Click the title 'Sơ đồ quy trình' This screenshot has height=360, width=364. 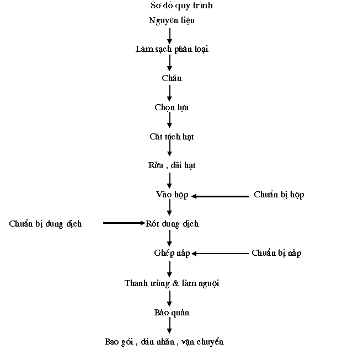click(181, 6)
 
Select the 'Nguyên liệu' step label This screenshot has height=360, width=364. click(172, 20)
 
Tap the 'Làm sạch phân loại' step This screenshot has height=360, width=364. click(172, 49)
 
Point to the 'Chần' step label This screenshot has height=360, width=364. click(172, 78)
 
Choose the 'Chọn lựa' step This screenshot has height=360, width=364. click(172, 108)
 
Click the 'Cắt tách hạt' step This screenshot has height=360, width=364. click(172, 137)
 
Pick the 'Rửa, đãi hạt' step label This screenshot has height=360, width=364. click(172, 165)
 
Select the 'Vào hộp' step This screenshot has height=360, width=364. click(172, 195)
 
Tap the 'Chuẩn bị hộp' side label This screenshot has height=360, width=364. click(279, 195)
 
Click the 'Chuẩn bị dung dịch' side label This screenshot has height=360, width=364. click(45, 224)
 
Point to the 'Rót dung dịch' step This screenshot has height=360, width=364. click(172, 224)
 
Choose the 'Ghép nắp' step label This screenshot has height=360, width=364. click(172, 253)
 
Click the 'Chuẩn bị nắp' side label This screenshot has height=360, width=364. click(276, 253)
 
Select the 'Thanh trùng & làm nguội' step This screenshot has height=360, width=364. click(172, 283)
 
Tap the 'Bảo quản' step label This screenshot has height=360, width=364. click(172, 313)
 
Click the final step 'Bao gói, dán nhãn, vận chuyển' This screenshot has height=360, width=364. click(164, 342)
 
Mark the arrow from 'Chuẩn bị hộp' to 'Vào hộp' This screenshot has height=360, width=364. click(220, 196)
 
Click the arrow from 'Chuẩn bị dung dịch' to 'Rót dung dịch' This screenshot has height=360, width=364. click(124, 223)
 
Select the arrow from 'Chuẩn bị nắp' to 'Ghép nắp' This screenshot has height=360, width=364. click(220, 254)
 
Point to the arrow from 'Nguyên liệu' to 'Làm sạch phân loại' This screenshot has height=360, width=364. click(170, 36)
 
